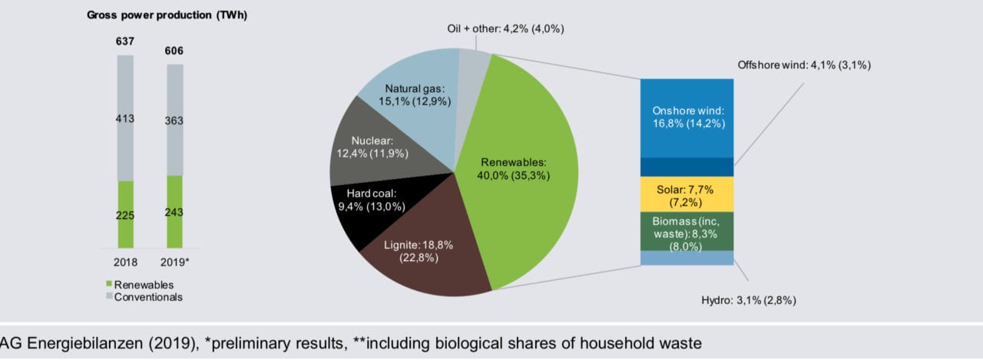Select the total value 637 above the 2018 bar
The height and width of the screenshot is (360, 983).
tap(125, 41)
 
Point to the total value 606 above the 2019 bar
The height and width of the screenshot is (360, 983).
tap(174, 51)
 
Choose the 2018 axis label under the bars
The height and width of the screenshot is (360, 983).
tap(125, 263)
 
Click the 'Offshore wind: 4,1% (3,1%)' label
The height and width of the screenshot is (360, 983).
tap(803, 65)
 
